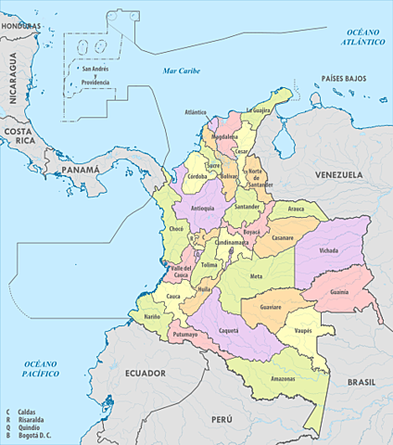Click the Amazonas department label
[x=283, y=380]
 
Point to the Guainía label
[x=338, y=292]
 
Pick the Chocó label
[x=179, y=228]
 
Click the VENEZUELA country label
[x=336, y=175]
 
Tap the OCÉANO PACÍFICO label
[x=42, y=368]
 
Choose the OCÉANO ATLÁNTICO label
[x=361, y=37]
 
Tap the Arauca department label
[x=296, y=210]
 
